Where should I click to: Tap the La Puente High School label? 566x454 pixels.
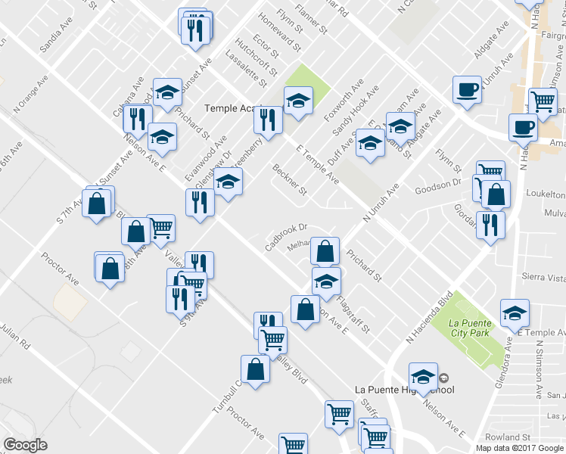click(405, 390)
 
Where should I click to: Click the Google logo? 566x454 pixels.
click(25, 445)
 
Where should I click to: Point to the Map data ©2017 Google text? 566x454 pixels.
click(520, 448)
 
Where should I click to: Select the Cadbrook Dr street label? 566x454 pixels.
click(286, 236)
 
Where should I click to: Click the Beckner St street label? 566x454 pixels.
click(289, 180)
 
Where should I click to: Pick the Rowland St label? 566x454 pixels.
click(508, 437)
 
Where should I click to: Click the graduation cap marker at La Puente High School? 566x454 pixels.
click(424, 376)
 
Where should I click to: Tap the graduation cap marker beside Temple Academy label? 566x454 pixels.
click(298, 100)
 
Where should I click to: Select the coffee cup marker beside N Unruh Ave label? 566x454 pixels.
click(467, 89)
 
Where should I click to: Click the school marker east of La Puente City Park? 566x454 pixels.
click(515, 312)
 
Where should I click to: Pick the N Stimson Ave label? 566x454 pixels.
click(541, 368)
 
